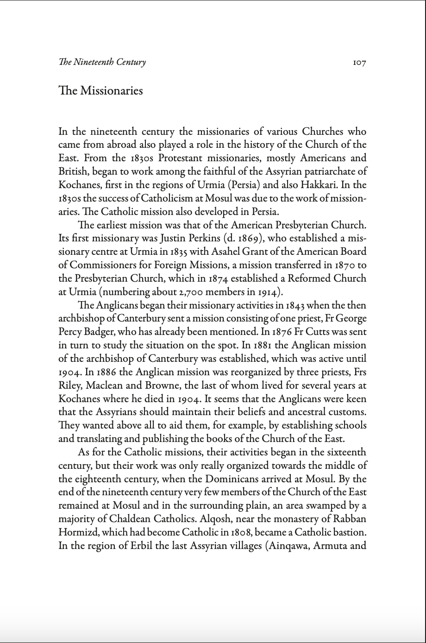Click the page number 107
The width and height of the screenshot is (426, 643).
(x=359, y=63)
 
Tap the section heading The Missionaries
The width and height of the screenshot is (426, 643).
(x=100, y=90)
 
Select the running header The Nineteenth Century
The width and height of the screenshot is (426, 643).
(x=102, y=62)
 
